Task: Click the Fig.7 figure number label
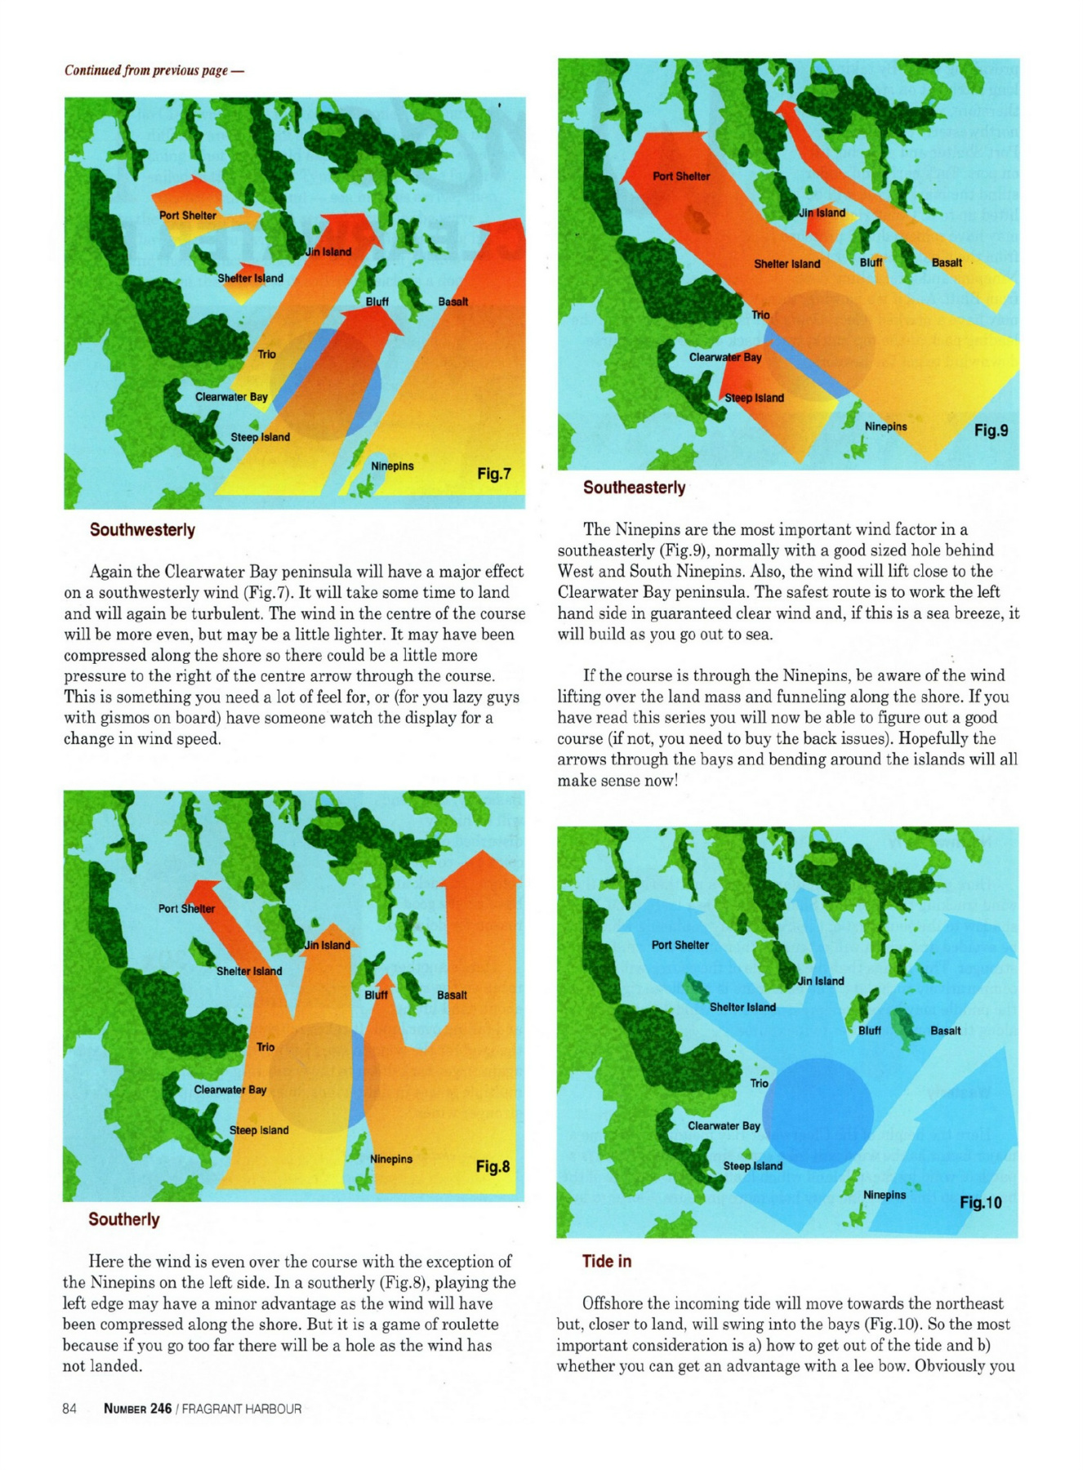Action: (x=494, y=474)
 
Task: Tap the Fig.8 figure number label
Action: (x=492, y=1166)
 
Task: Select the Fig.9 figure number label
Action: (x=991, y=430)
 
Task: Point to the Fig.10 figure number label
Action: (x=980, y=1202)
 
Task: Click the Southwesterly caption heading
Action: (x=142, y=530)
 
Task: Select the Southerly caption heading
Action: (x=123, y=1219)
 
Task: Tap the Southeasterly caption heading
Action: (x=634, y=488)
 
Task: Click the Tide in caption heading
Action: (x=606, y=1261)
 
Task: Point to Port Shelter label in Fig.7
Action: (x=188, y=216)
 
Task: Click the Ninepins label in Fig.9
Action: (x=885, y=426)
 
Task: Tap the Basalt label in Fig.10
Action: (x=945, y=1031)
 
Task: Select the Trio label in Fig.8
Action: (x=265, y=1047)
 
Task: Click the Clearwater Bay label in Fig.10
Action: (x=724, y=1125)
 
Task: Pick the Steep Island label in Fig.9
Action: (x=754, y=398)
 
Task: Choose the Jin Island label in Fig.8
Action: (x=328, y=945)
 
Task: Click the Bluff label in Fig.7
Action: (x=377, y=301)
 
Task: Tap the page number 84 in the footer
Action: (x=69, y=1409)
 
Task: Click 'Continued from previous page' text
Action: (x=154, y=70)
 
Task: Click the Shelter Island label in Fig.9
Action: (x=787, y=264)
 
